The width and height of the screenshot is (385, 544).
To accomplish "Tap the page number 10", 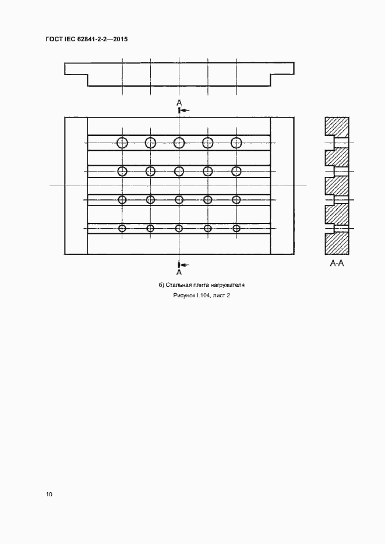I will point(49,494).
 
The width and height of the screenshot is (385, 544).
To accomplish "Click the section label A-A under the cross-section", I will point(337,264).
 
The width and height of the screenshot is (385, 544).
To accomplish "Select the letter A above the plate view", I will point(179,102).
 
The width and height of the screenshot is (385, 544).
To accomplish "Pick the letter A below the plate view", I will point(179,272).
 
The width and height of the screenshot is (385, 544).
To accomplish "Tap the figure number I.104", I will point(206,296).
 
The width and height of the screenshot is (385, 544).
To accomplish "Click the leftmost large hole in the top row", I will point(122,143).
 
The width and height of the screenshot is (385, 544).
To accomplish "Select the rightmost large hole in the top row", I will point(236,143).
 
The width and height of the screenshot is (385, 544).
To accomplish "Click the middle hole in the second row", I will point(179,171).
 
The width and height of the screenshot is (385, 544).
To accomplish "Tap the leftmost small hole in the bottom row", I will point(122,228).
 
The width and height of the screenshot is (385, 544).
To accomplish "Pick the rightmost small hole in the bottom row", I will point(236,228).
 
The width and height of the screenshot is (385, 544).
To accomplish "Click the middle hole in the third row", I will point(179,200).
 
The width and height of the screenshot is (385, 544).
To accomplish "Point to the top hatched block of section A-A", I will point(337,128).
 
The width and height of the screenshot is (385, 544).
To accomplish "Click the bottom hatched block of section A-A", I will point(337,244).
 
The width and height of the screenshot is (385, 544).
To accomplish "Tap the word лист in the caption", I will point(225,296).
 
